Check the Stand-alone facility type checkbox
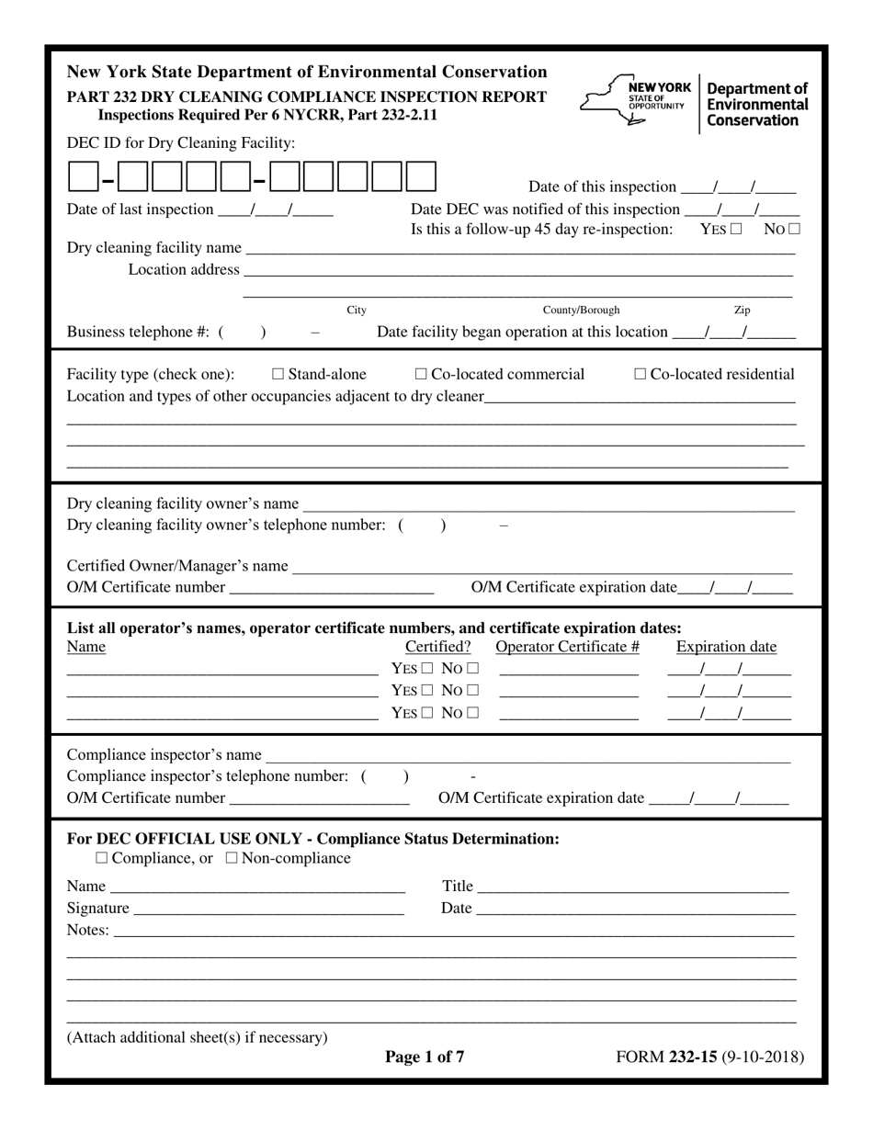278,375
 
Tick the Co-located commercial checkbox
421,375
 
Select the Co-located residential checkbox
641,375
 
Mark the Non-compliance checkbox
232,859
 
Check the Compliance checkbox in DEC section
101,859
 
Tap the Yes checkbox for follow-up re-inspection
736,230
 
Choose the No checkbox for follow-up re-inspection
794,230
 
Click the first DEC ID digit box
83,176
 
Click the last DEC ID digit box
421,176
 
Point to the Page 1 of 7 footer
425,1057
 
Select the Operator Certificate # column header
567,647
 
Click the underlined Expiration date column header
726,647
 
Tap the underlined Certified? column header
438,647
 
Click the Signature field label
98,909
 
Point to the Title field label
458,887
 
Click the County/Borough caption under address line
581,311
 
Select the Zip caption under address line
743,311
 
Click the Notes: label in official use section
88,931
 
